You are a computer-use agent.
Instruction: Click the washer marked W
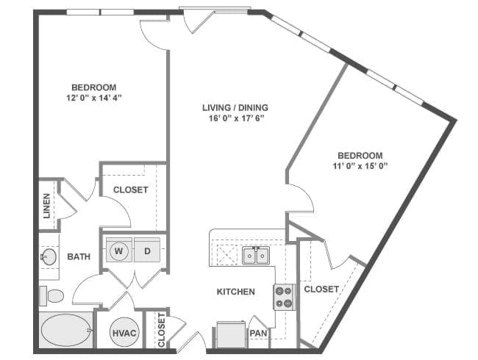coord(118,251)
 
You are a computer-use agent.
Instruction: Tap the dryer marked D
coord(147,251)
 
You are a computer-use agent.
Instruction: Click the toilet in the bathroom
coord(51,295)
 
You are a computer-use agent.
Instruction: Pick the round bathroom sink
coord(49,256)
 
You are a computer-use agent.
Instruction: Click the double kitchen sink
coord(254,256)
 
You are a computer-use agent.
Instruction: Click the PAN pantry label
coord(257,334)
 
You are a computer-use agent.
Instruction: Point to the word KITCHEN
coord(236,292)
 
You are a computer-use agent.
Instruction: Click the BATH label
coord(79,256)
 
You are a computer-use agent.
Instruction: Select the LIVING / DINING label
coord(235,108)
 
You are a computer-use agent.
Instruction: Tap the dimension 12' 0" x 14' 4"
coord(93,96)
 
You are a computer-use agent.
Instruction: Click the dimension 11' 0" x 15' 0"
coord(360,166)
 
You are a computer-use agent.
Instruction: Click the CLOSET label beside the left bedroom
coord(131,190)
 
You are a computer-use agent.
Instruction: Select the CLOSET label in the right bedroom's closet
coord(321,289)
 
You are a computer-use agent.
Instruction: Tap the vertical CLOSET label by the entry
coord(161,331)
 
